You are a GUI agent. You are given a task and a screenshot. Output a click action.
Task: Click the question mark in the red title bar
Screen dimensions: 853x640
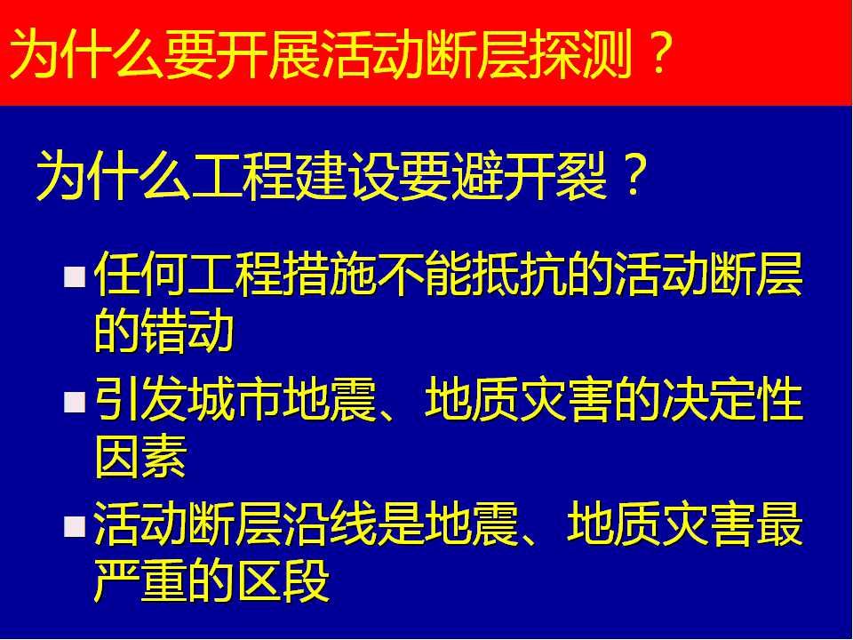point(658,52)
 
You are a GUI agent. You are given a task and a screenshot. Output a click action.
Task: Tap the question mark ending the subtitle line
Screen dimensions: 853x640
point(632,173)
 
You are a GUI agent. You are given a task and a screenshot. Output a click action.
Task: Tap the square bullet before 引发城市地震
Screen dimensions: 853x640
point(74,402)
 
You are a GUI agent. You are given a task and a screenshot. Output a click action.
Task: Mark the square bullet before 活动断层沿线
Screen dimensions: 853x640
point(74,526)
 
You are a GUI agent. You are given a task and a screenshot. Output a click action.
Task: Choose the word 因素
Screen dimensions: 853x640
point(141,456)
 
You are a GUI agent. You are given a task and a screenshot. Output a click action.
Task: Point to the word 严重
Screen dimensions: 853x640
point(141,580)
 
